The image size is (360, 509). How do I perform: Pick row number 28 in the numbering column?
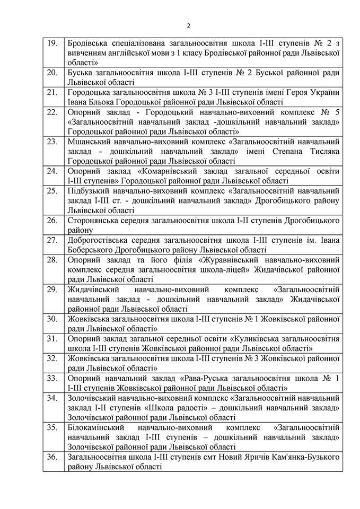pyautogui.click(x=52, y=261)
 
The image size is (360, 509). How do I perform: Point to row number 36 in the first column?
pyautogui.click(x=52, y=457)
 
